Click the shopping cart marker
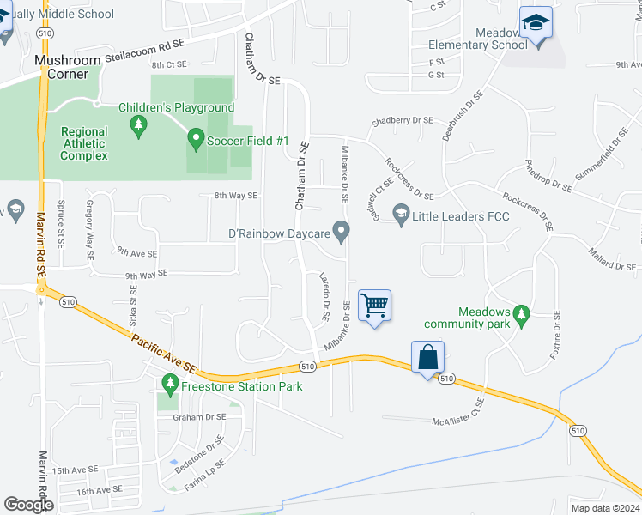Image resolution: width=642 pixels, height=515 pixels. (374, 305)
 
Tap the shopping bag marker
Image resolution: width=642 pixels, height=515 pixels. (428, 356)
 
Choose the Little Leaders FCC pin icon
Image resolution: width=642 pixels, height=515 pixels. (401, 212)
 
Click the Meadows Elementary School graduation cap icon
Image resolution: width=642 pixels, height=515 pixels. (536, 24)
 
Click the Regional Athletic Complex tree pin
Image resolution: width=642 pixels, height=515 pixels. (137, 127)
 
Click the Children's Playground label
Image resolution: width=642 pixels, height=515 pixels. (176, 107)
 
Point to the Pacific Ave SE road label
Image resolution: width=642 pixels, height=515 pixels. (163, 353)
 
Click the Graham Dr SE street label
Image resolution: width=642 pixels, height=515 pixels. (198, 416)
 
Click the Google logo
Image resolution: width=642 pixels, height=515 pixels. (28, 505)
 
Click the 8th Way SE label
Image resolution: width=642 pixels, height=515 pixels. (236, 196)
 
